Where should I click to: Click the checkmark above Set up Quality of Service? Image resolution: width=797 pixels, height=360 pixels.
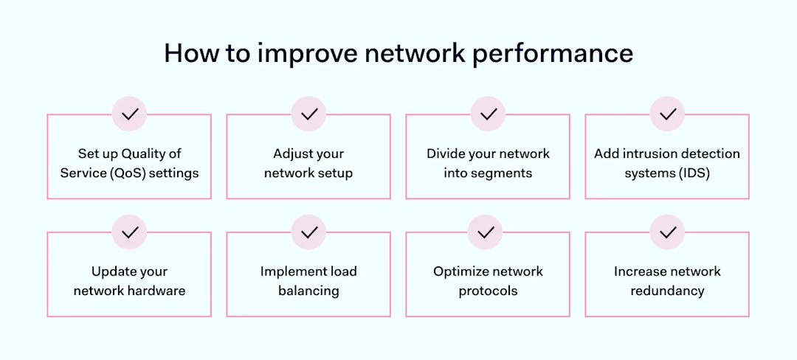tap(129, 114)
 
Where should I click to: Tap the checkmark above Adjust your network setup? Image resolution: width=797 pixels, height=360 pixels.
tap(308, 114)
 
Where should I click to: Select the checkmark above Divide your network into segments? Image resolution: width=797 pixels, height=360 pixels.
tap(488, 114)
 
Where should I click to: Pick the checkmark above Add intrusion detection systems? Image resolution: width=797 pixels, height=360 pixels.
tap(667, 114)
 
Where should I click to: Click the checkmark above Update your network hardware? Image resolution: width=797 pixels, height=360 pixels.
tap(129, 232)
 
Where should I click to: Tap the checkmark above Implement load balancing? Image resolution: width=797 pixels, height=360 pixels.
tap(308, 232)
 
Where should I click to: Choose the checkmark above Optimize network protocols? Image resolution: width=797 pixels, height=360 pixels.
tap(485, 232)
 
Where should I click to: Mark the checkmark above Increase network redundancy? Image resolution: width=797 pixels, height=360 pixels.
tap(667, 232)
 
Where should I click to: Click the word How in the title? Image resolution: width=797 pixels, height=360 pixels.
tap(188, 53)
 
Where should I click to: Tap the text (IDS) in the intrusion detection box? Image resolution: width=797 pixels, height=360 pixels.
tap(696, 173)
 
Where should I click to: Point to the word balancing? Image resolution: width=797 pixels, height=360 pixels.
tap(308, 291)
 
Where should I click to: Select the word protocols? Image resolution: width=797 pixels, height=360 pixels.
tap(488, 291)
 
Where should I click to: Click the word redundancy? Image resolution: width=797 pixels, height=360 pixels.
tap(667, 291)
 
